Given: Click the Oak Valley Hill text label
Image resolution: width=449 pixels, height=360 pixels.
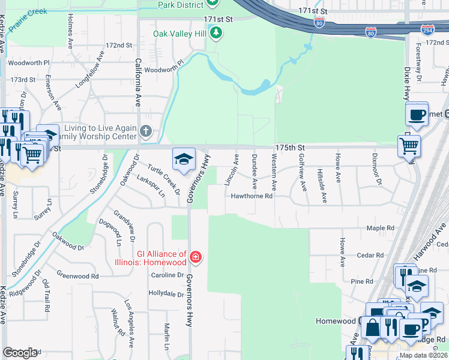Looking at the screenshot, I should [x=179, y=34].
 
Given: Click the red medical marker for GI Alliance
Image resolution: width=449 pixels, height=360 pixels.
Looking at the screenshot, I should [x=195, y=257].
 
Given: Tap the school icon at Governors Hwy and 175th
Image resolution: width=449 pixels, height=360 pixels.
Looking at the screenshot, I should [x=184, y=159].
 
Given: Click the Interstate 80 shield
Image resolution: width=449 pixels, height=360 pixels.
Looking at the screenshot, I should [x=319, y=23].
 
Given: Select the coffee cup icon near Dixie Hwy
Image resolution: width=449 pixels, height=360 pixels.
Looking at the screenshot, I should [x=417, y=113].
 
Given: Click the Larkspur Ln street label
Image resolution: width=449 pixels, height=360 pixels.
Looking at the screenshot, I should [x=151, y=185].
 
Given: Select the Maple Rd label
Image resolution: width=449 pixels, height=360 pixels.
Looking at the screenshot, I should [x=381, y=228].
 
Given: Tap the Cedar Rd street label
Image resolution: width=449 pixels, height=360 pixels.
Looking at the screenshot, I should [x=366, y=254].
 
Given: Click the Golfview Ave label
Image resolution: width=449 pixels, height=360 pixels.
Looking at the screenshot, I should [x=303, y=172].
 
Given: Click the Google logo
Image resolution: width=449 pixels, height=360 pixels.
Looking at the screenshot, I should [x=20, y=353].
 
